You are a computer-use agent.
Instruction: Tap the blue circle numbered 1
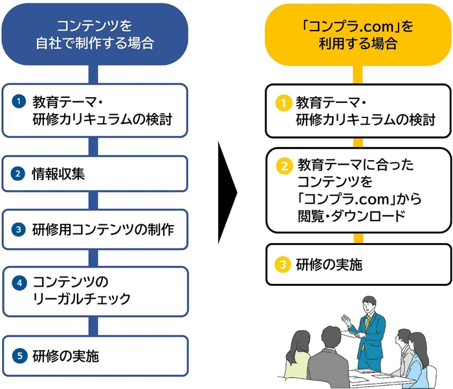coord(20,101)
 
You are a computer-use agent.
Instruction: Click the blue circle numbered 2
coord(20,173)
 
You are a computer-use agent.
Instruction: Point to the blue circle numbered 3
coord(20,230)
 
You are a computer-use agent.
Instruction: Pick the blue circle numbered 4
coord(20,283)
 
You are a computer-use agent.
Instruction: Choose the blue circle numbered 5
coord(20,355)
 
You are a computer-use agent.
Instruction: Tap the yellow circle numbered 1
coord(282,102)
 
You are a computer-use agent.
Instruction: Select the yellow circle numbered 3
coord(282,264)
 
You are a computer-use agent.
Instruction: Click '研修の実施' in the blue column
coord(66,355)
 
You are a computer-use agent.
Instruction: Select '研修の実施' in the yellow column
coord(329,264)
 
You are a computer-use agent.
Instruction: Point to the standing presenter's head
coord(369,303)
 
